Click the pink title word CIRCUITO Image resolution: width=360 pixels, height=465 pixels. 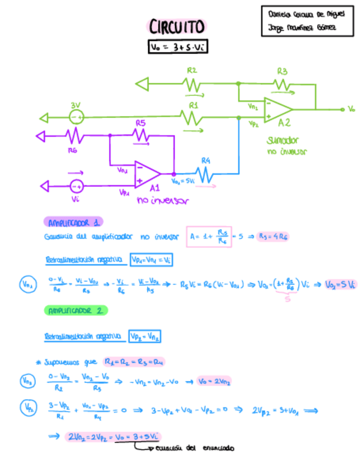tap(177, 27)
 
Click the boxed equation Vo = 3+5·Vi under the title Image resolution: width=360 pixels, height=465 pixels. tap(177, 48)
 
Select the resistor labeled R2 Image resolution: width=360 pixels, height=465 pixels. tap(192, 84)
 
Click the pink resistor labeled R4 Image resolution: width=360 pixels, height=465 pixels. tap(206, 174)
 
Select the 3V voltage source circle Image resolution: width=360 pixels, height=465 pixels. tap(76, 117)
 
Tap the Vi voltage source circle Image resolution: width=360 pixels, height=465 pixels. tap(76, 186)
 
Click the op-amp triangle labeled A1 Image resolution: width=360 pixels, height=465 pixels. tap(147, 174)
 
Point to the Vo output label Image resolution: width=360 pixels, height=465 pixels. tap(351, 109)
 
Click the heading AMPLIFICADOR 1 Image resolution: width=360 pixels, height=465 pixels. tap(73, 222)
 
